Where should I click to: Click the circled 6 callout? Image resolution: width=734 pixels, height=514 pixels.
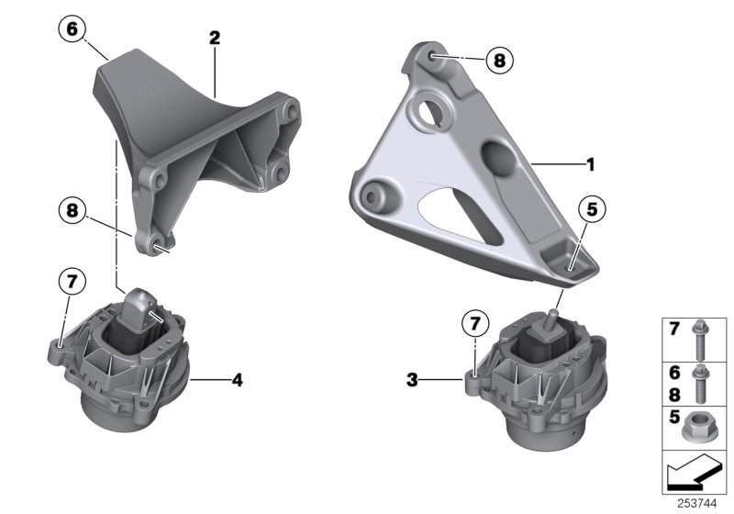(x=72, y=29)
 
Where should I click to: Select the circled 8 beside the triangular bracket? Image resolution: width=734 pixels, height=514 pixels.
(x=498, y=61)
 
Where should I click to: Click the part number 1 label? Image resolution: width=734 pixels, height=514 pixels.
(x=590, y=165)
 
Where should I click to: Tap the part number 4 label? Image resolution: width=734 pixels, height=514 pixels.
(x=237, y=377)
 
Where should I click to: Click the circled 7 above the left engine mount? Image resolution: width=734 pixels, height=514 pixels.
(x=70, y=281)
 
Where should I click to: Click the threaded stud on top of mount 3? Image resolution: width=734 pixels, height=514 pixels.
(x=553, y=318)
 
